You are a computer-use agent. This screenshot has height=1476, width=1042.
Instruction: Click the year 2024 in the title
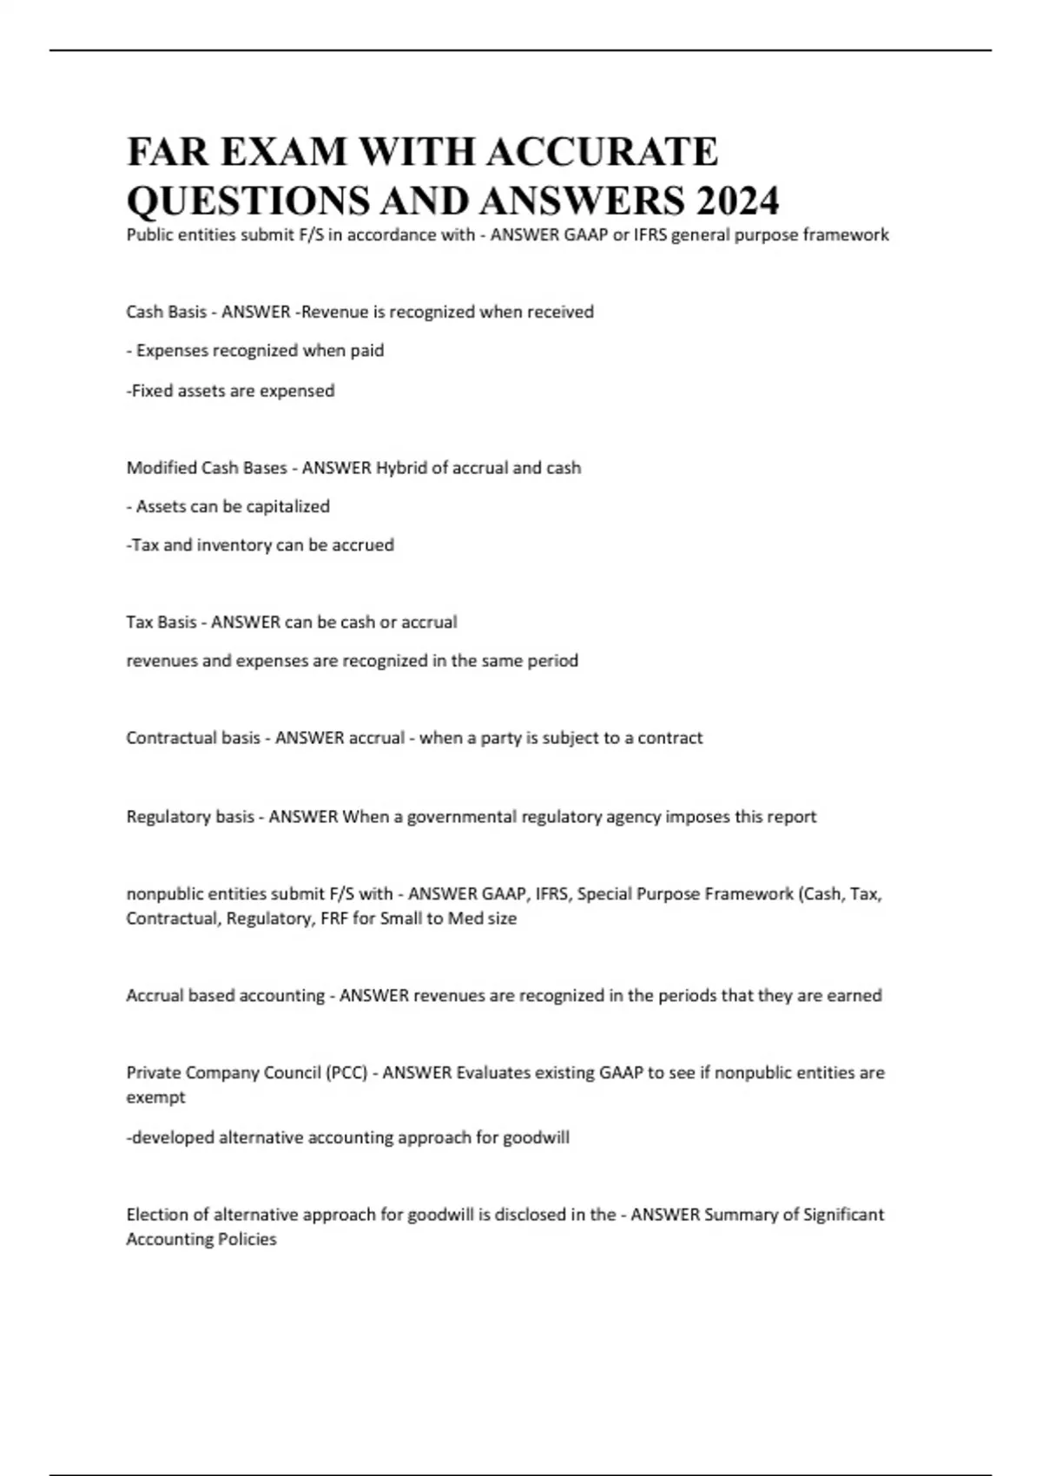tap(736, 201)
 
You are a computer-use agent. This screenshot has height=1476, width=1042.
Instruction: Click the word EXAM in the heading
tap(282, 152)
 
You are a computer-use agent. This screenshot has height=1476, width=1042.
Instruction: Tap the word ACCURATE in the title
tap(601, 152)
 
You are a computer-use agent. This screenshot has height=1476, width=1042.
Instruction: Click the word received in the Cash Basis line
tap(560, 312)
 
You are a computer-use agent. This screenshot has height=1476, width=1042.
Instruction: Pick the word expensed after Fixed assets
tap(298, 391)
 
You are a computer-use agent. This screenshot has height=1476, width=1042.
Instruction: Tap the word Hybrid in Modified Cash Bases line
tap(401, 467)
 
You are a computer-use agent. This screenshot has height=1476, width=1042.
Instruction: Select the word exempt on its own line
tap(155, 1097)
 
